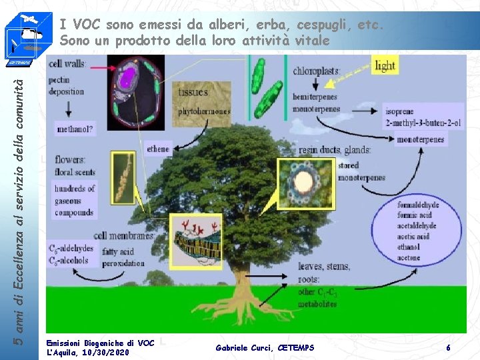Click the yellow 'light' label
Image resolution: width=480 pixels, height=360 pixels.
385,66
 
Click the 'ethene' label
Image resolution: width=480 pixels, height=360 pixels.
158,149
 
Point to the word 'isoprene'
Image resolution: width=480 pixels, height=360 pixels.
399,111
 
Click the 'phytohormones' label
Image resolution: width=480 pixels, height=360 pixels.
203,111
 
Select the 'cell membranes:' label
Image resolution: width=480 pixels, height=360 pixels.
124,235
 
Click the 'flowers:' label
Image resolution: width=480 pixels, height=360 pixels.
71,159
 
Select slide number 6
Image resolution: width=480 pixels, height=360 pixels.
449,347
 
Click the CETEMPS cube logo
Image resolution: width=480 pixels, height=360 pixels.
24,35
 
